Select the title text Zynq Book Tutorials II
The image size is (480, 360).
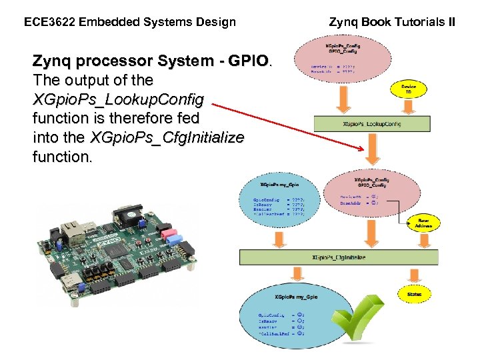tap(393, 22)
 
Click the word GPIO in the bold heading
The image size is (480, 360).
tap(247, 62)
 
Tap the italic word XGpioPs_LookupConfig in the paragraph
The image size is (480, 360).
tap(123, 99)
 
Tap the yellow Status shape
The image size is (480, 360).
tap(415, 293)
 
